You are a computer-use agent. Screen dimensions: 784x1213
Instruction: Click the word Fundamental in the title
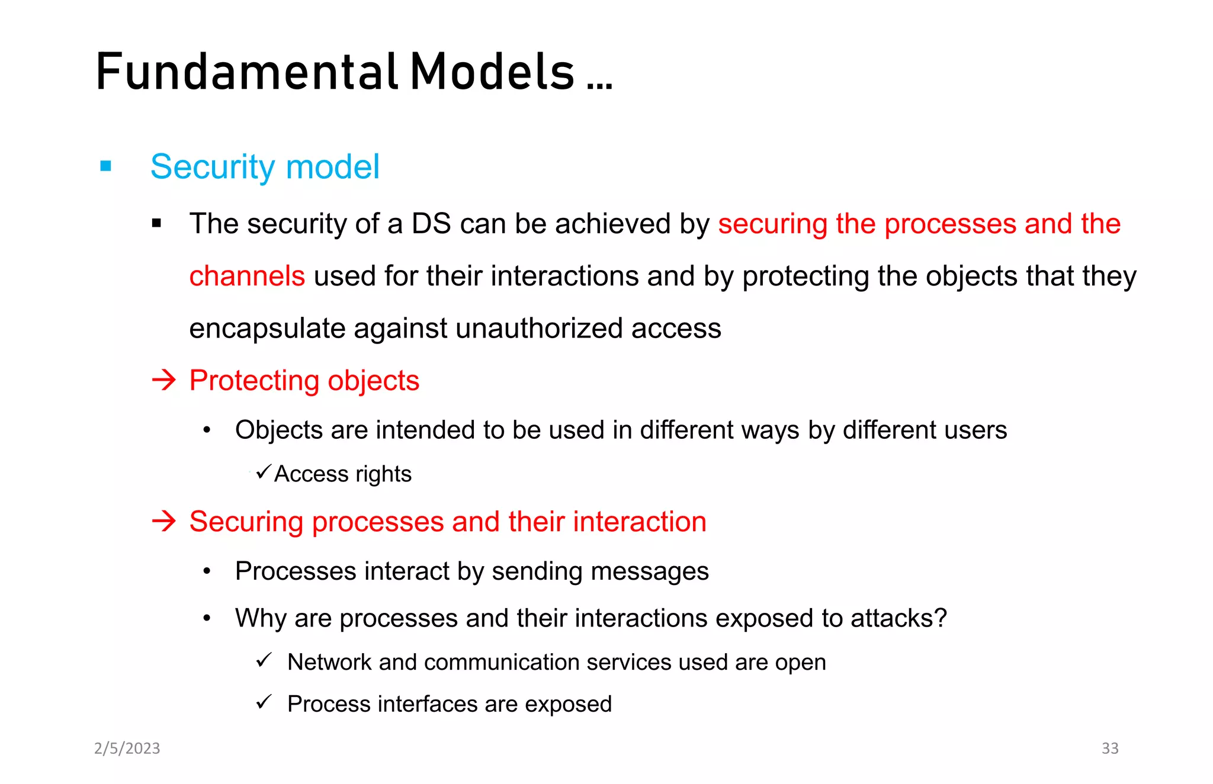[246, 72]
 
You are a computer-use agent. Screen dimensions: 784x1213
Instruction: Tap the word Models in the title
[492, 72]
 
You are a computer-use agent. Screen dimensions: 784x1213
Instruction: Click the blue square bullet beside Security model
[106, 166]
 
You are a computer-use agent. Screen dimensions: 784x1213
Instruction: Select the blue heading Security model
[265, 166]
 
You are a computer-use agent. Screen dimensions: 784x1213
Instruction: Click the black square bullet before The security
[156, 223]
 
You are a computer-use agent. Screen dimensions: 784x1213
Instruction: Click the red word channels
[247, 276]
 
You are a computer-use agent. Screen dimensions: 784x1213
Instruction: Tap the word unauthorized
[539, 328]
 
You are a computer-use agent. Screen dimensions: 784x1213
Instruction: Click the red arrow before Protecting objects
[164, 380]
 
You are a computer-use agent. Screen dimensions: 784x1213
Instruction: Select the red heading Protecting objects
[304, 380]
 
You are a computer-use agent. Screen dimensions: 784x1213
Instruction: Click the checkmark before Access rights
[264, 472]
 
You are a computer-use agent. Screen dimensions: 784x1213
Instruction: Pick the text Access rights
[342, 474]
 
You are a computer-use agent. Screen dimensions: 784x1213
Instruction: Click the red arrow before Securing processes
[164, 521]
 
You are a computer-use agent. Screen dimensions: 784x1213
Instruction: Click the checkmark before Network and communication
[264, 660]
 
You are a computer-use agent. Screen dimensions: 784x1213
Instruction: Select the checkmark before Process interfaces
[264, 702]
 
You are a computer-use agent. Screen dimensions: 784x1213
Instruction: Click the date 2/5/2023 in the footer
[127, 748]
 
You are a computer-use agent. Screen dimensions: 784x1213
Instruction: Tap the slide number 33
[1109, 748]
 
